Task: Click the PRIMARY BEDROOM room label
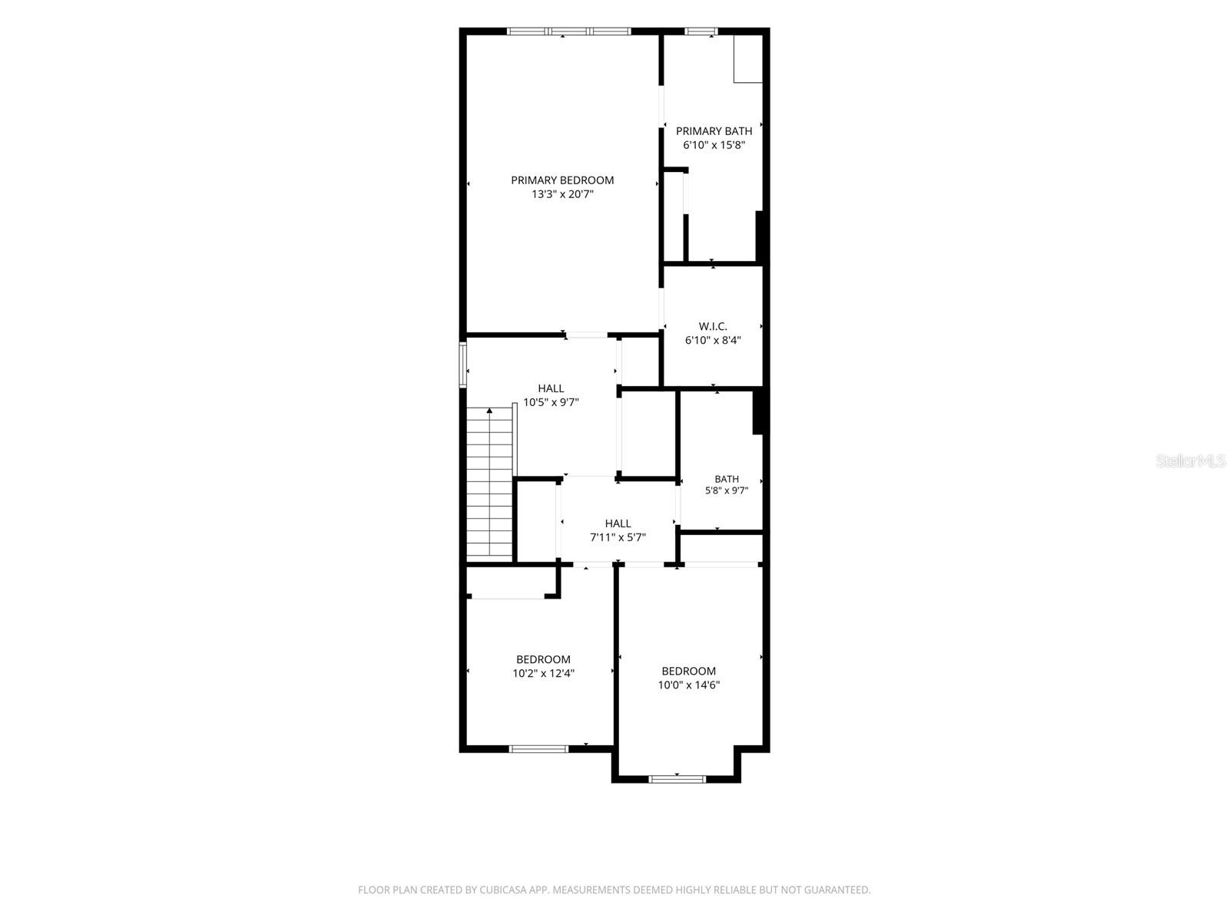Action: [x=562, y=180]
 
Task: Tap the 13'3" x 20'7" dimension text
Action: [x=562, y=194]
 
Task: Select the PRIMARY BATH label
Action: [x=714, y=130]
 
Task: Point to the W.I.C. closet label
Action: [x=713, y=326]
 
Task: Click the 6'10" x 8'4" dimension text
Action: [x=713, y=340]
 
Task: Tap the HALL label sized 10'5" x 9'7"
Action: [x=551, y=388]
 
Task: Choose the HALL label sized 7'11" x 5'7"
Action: [x=618, y=523]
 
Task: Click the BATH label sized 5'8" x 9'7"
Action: [x=727, y=479]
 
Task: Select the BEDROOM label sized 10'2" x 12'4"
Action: [x=543, y=659]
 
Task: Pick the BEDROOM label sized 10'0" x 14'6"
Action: [x=689, y=671]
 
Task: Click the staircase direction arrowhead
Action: [x=489, y=411]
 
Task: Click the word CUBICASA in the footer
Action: [x=503, y=890]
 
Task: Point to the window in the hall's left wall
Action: [x=463, y=365]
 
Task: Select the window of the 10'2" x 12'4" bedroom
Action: [x=538, y=749]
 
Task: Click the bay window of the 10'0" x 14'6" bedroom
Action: [x=677, y=778]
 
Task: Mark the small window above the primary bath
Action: [x=702, y=31]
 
